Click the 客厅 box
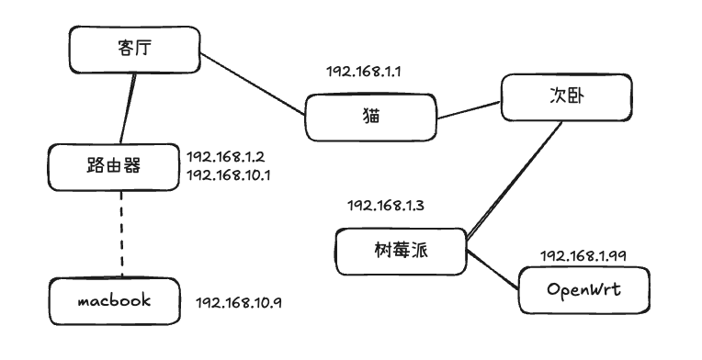135,50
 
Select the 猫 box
370,118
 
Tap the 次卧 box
566,97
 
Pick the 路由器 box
114,167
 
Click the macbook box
115,301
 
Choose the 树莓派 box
402,252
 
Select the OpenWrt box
584,290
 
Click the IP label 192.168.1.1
363,72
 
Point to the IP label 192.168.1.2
226,157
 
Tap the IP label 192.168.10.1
228,174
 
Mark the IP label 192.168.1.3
386,206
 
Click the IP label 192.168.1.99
583,256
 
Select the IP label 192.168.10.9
239,303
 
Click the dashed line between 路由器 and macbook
122,234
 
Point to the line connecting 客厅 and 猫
253,84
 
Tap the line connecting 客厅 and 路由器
128,108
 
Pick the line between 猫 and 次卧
469,110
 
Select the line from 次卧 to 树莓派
514,179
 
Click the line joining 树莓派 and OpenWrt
493,270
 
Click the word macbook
115,300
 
